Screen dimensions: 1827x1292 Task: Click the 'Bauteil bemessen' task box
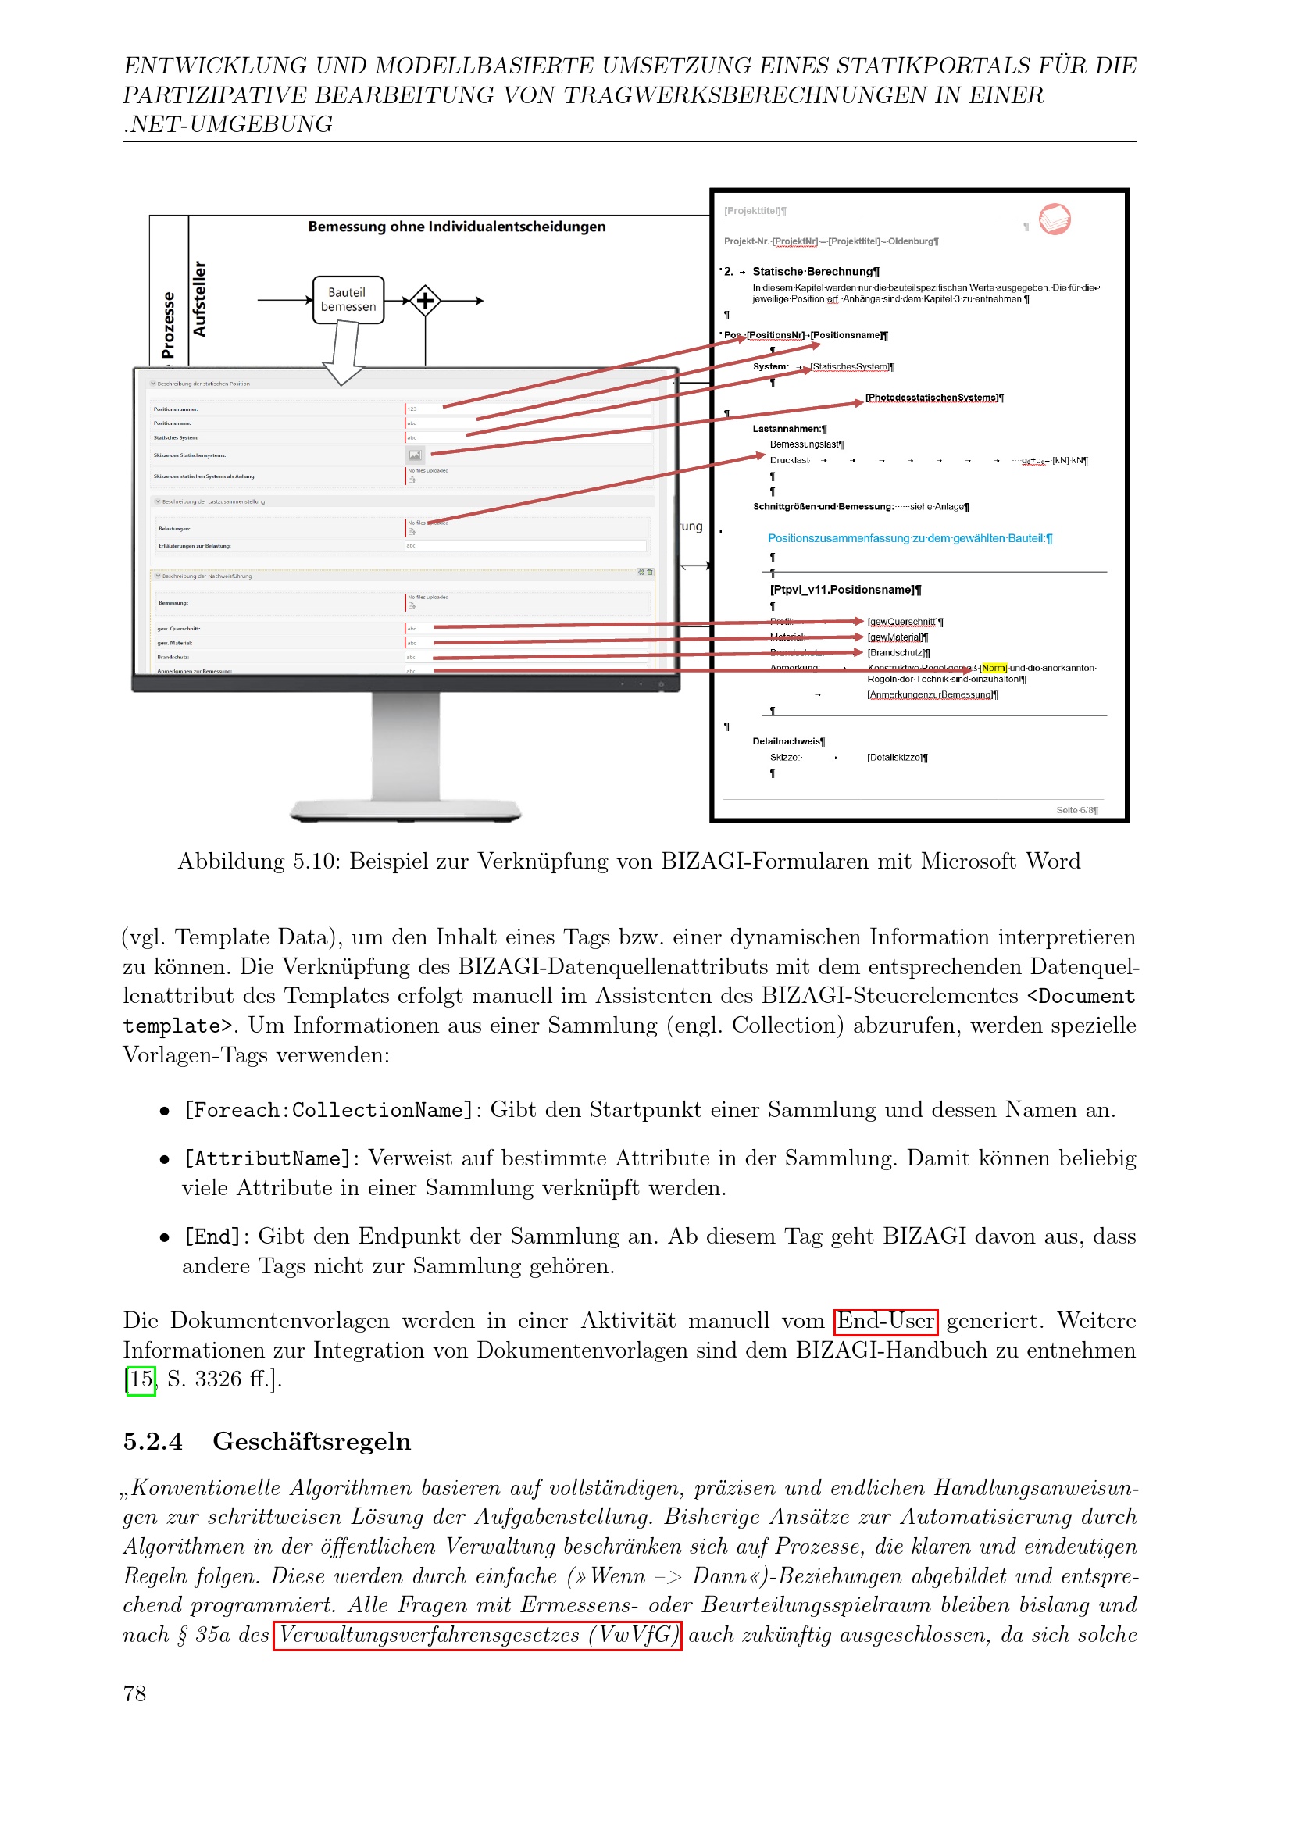(x=348, y=300)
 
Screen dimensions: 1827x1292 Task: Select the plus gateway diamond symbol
(x=426, y=301)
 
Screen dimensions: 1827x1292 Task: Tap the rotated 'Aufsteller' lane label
(x=199, y=298)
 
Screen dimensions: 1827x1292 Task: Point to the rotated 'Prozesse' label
(x=168, y=325)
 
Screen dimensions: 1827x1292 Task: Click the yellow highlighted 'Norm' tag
(x=994, y=669)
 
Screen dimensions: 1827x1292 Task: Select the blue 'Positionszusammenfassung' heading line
(x=909, y=539)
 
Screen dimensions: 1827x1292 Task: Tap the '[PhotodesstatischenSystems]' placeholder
(x=934, y=398)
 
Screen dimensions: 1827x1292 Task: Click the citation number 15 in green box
(x=141, y=1379)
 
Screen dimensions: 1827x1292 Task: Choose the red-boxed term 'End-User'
(x=886, y=1322)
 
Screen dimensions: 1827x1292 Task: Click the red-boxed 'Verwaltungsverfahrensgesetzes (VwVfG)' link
(x=477, y=1635)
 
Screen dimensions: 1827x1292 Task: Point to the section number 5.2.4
(x=153, y=1441)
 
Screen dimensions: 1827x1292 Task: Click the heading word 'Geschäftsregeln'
(x=312, y=1441)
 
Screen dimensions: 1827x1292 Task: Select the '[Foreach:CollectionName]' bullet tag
(x=329, y=1110)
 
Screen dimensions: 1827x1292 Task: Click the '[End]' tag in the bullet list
(x=212, y=1236)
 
